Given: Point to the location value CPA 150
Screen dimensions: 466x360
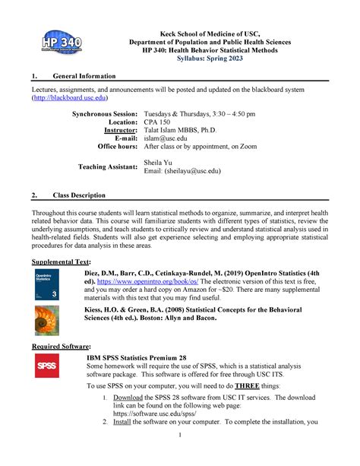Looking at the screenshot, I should (x=157, y=122).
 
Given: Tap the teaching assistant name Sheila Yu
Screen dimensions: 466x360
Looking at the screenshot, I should (x=157, y=163).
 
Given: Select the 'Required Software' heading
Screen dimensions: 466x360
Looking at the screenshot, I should (x=58, y=346).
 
